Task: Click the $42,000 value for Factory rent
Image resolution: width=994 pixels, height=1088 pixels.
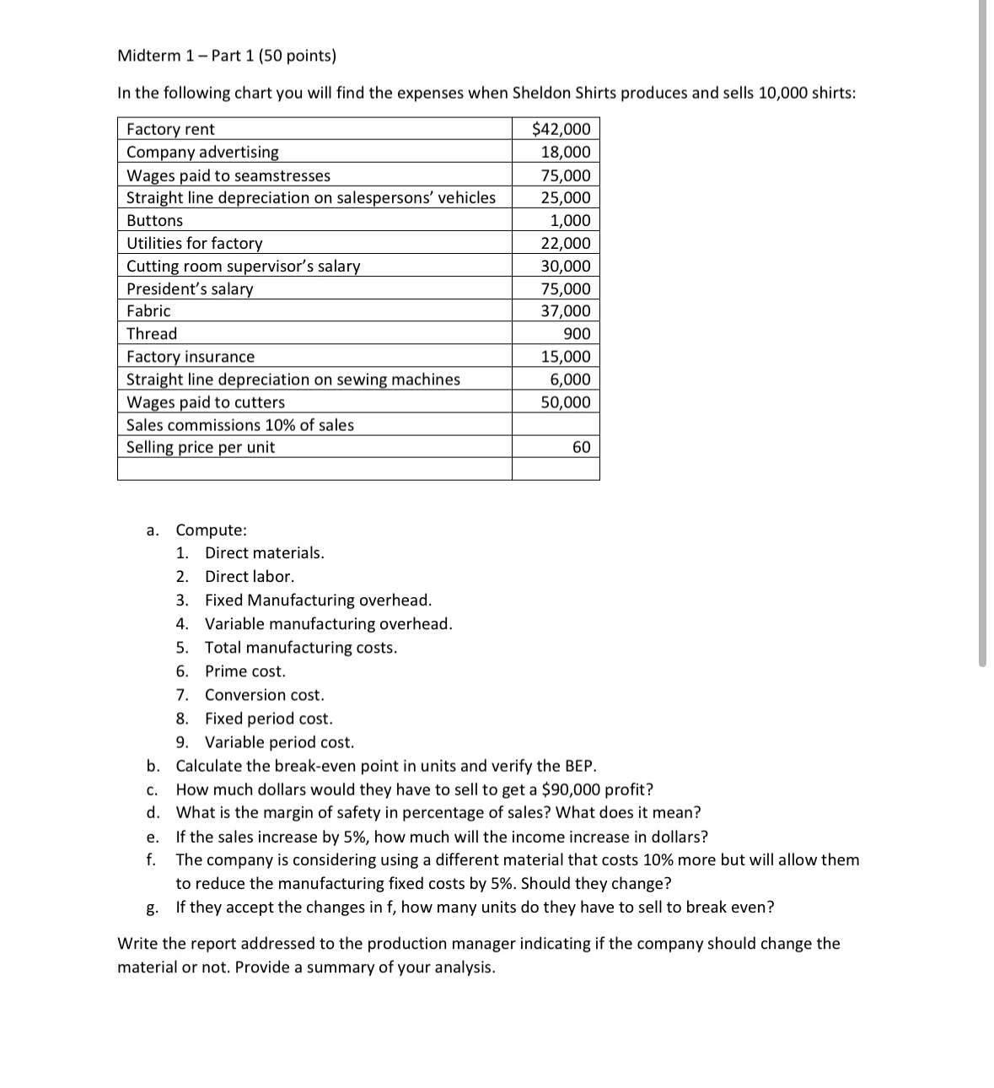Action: [x=561, y=129]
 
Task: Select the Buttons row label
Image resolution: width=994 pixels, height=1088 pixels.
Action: [x=154, y=221]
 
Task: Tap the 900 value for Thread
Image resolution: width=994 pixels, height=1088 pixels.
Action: [x=577, y=334]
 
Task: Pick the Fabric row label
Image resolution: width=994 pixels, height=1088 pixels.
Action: [x=148, y=311]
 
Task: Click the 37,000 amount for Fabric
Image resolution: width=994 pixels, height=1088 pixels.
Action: [x=566, y=311]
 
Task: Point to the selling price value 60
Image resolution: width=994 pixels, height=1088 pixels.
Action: [x=581, y=447]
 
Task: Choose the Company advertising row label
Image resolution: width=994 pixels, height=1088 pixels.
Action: [x=202, y=152]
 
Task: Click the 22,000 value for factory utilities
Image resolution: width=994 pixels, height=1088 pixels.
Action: [x=566, y=244]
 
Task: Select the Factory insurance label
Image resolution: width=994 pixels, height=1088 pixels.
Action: [x=191, y=357]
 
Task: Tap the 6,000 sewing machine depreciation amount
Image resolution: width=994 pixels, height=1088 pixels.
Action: [x=570, y=380]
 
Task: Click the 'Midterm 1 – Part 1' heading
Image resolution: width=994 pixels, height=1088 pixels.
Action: [x=227, y=56]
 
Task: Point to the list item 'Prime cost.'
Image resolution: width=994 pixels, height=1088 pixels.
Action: [x=245, y=671]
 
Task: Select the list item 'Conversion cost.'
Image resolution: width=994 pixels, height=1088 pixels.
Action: [x=264, y=695]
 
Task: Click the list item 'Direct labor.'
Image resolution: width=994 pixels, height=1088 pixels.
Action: [x=250, y=577]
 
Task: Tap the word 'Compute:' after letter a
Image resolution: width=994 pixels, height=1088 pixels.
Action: [x=212, y=531]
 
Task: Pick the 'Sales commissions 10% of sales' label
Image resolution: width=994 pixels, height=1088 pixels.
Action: [x=240, y=425]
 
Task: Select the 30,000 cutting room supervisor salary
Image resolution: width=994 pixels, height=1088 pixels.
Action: [x=566, y=267]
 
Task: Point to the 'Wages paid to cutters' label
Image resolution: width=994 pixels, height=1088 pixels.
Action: [x=206, y=402]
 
